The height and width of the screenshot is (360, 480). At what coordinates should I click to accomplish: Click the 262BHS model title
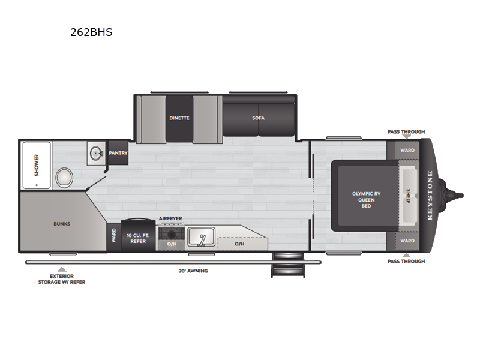(x=91, y=32)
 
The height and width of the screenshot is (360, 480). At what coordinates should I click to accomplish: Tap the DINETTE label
(x=179, y=118)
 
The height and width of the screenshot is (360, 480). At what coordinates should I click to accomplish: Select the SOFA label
(x=258, y=118)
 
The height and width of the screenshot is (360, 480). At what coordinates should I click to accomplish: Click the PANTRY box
(x=118, y=153)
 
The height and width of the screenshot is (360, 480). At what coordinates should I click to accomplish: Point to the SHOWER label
(x=36, y=164)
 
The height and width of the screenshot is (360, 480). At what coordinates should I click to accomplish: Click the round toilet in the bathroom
(x=64, y=178)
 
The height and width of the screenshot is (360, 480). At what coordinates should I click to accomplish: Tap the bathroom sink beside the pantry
(x=95, y=153)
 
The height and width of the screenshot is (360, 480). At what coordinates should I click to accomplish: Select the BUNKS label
(x=62, y=224)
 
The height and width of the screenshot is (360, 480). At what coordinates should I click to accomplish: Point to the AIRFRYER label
(x=170, y=219)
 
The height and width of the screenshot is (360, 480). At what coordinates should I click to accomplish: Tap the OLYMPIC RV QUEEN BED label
(x=366, y=199)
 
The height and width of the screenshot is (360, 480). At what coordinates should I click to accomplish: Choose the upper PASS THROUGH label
(x=406, y=131)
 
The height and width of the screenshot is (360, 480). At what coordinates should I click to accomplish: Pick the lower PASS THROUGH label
(x=406, y=261)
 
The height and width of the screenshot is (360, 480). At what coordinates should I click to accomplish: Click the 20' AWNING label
(x=193, y=271)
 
